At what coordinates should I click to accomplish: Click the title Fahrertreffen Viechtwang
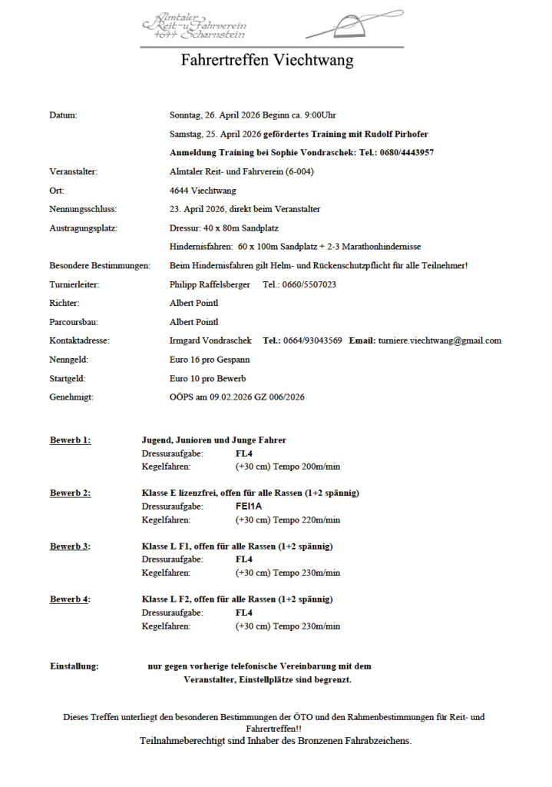point(267,61)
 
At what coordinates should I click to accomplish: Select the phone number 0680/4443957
point(407,153)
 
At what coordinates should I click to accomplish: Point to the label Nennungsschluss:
point(83,209)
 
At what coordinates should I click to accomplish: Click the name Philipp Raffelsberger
point(210,284)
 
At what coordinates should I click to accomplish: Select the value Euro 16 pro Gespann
point(210,360)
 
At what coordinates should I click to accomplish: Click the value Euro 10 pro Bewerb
point(207,379)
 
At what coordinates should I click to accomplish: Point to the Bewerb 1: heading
point(70,440)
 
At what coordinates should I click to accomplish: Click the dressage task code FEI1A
point(249,506)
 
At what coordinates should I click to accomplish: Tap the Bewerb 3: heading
point(70,546)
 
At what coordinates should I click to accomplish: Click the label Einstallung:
point(74,666)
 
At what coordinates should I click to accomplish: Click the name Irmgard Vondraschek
point(210,340)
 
